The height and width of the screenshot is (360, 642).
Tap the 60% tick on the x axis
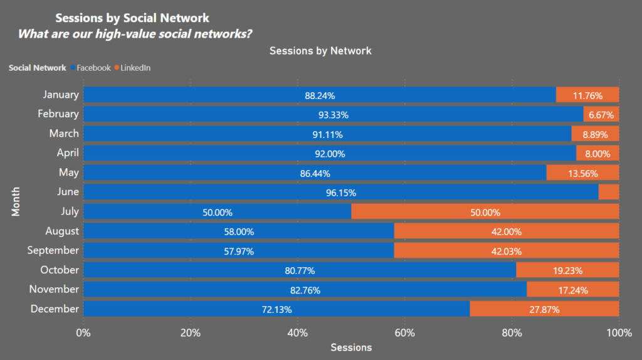point(405,333)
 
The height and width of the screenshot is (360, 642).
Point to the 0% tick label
point(83,333)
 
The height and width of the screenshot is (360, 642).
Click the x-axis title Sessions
point(351,347)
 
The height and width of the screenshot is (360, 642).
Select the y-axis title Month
point(16,201)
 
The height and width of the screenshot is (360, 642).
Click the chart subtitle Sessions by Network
point(320,51)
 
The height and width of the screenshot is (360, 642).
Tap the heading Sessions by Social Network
point(132,18)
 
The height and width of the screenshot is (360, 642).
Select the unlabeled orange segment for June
point(609,192)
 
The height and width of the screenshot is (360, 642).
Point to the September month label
point(53,250)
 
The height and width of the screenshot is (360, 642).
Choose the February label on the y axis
point(58,114)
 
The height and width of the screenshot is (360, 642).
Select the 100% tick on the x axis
point(619,333)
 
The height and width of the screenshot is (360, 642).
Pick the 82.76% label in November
point(305,290)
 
